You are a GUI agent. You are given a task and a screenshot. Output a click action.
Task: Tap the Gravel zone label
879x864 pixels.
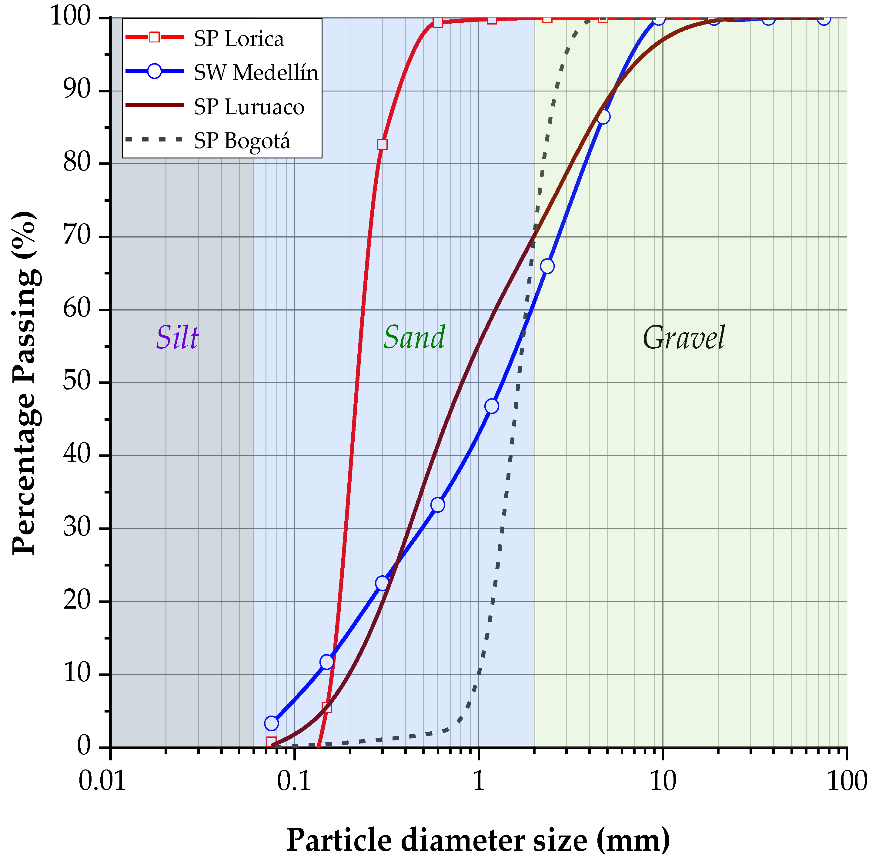click(x=683, y=338)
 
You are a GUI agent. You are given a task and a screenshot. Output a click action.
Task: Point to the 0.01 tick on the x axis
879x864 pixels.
click(x=102, y=781)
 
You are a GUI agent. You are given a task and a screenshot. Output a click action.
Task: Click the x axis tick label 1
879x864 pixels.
click(x=479, y=781)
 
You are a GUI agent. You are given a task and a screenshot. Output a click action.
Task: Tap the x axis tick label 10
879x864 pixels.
click(x=662, y=781)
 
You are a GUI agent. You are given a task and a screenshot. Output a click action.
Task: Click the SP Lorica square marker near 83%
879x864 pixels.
click(x=382, y=144)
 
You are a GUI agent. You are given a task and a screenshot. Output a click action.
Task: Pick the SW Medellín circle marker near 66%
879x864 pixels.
click(x=547, y=266)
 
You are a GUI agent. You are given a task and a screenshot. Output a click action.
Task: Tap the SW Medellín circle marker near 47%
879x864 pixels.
click(x=492, y=406)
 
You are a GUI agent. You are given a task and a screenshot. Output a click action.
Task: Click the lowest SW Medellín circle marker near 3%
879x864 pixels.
click(x=271, y=723)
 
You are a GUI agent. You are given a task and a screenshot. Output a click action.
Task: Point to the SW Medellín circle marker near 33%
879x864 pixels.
click(x=438, y=505)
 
